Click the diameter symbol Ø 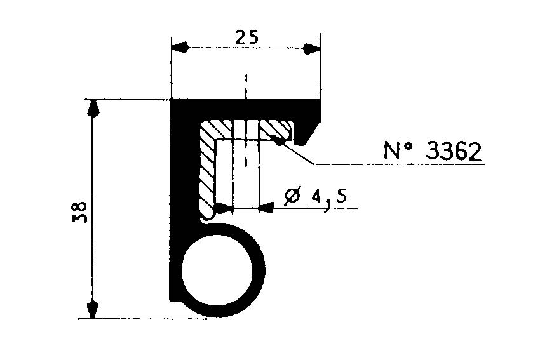294,196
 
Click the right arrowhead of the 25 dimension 311,48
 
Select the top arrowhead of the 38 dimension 93,109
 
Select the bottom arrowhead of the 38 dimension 93,309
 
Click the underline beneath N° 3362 400,164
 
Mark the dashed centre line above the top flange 245,86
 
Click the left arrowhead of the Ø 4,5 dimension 224,207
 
